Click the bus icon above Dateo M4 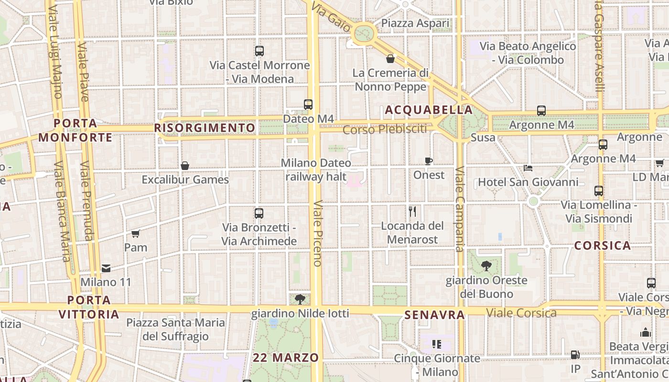[x=308, y=104]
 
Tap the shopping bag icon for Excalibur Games [x=185, y=166]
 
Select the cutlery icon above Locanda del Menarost [x=412, y=211]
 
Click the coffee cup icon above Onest [x=429, y=161]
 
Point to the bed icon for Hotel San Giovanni [x=528, y=168]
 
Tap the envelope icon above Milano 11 [x=106, y=268]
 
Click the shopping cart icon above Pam [x=135, y=233]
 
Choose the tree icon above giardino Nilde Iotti [x=300, y=299]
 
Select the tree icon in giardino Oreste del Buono [x=486, y=265]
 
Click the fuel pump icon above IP [x=575, y=355]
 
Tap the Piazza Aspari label [x=415, y=23]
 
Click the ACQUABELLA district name [x=429, y=110]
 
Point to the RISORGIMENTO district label [x=205, y=128]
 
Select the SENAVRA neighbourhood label [x=434, y=315]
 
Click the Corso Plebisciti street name [x=385, y=129]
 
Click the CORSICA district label [x=602, y=246]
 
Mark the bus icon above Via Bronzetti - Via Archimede [x=259, y=213]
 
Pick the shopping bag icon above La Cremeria [x=390, y=59]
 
